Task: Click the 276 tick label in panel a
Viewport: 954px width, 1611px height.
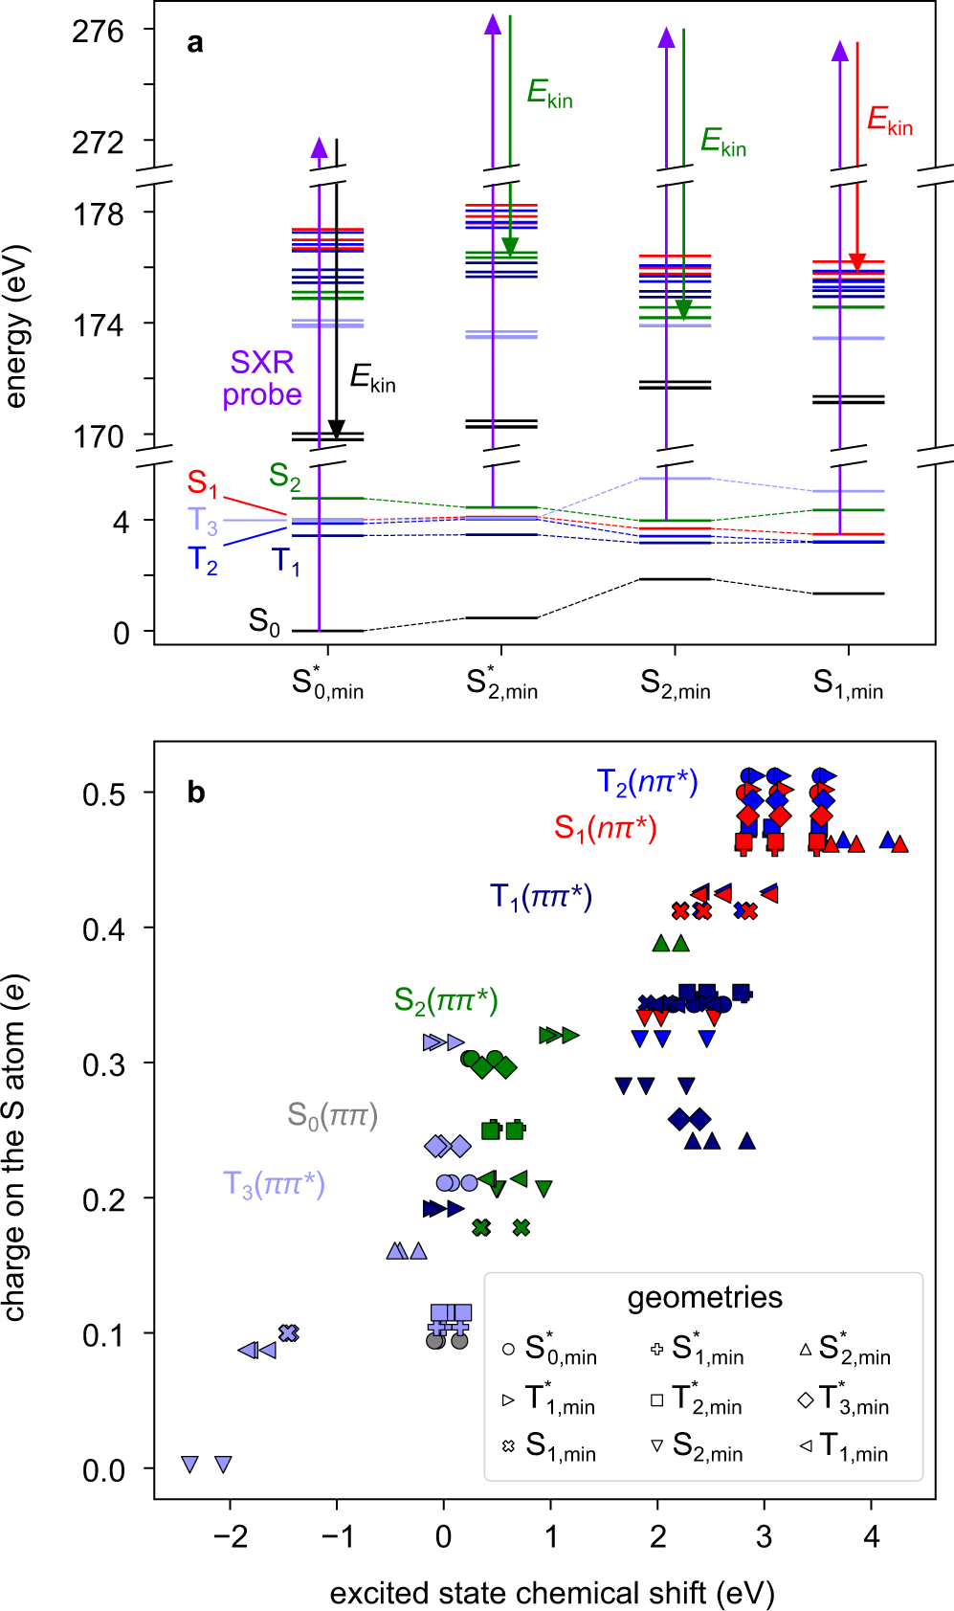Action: click(x=98, y=32)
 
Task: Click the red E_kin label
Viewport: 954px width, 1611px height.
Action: click(x=889, y=121)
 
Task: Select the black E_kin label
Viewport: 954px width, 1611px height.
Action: click(x=372, y=378)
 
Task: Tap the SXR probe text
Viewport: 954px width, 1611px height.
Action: click(x=261, y=378)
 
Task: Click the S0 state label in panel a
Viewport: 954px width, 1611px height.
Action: click(x=264, y=622)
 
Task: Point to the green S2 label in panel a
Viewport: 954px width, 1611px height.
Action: click(x=284, y=476)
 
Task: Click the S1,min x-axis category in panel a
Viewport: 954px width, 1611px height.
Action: click(x=848, y=684)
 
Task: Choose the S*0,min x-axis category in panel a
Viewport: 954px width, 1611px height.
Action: click(x=327, y=684)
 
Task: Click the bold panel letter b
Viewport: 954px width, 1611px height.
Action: click(x=195, y=794)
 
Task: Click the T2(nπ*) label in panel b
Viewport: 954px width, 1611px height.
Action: click(x=647, y=783)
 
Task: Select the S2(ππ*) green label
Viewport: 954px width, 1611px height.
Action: click(x=446, y=1001)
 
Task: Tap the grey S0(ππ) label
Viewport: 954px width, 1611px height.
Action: click(x=332, y=1115)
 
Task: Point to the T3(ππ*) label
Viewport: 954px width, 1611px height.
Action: click(x=274, y=1185)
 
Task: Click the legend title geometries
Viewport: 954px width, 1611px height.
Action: click(x=704, y=1298)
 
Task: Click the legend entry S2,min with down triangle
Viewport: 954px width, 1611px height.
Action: click(x=697, y=1446)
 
